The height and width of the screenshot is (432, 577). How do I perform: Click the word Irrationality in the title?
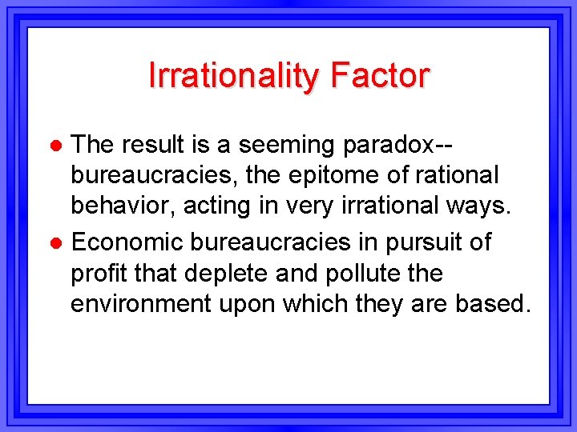[232, 76]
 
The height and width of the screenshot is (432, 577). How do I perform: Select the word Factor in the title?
[379, 76]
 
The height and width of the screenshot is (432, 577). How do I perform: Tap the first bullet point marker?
[56, 146]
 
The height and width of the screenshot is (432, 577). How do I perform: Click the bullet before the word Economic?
[56, 242]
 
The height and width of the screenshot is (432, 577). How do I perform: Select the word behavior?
[123, 206]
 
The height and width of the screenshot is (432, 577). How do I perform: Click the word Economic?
[132, 242]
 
